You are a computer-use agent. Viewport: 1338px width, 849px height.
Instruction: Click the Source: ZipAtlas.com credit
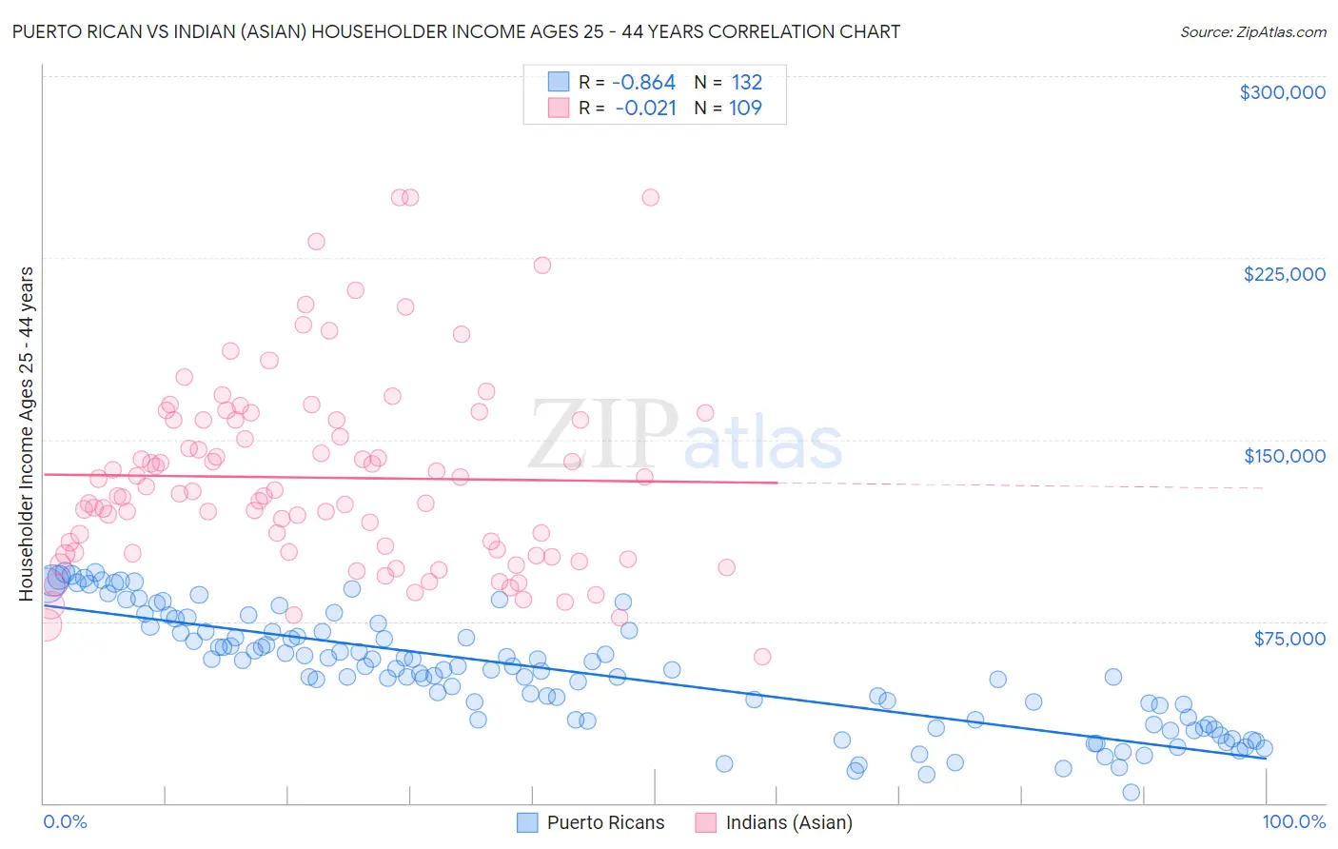(1252, 31)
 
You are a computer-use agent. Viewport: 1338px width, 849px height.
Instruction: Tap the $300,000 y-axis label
(1282, 92)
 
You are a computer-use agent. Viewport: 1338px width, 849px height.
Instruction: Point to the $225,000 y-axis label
(1284, 274)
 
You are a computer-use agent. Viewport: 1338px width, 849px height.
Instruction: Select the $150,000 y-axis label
(1284, 456)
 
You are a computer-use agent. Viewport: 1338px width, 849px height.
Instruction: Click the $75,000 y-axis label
(1289, 639)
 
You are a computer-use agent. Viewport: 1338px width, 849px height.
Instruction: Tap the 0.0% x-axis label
(65, 821)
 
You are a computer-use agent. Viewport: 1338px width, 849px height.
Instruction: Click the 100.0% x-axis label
(1293, 821)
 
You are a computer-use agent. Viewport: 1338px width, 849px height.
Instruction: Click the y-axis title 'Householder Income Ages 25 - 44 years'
(27, 434)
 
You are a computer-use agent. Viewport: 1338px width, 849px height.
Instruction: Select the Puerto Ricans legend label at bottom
(605, 822)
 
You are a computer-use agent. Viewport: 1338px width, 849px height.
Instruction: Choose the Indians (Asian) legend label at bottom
(788, 822)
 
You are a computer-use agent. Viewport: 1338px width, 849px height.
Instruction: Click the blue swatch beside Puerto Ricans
(527, 822)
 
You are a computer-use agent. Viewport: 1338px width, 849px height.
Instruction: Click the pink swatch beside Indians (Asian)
(705, 822)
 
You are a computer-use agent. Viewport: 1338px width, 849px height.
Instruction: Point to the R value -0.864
(643, 83)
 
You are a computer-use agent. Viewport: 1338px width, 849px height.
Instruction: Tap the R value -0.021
(645, 109)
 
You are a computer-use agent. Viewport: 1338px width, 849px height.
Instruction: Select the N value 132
(746, 83)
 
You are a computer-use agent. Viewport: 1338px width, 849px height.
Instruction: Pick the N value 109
(745, 109)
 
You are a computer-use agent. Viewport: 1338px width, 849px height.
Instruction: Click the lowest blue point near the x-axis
(1131, 792)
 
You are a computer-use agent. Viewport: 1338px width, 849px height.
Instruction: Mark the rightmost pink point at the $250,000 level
(650, 198)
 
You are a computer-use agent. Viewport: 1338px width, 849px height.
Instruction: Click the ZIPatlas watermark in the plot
(685, 436)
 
